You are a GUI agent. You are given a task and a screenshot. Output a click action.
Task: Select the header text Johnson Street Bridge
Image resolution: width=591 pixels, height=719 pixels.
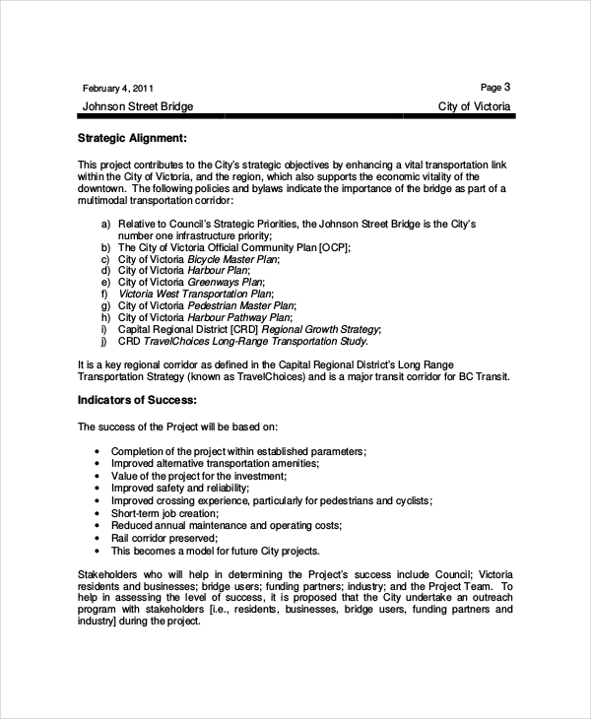(x=137, y=106)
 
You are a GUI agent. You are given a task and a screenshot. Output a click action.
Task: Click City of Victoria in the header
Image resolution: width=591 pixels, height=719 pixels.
(x=475, y=106)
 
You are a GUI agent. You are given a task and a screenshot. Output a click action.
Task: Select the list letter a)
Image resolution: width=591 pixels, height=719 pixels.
(x=105, y=225)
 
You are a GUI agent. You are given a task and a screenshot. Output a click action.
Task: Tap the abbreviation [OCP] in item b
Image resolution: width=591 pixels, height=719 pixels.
(x=334, y=247)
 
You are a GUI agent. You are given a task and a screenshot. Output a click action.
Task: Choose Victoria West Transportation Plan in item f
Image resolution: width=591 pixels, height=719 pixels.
(x=194, y=294)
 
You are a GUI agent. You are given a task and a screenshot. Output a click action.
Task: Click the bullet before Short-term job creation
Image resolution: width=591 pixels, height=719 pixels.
(x=98, y=514)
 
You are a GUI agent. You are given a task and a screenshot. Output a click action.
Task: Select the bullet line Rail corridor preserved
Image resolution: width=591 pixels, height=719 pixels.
(x=164, y=538)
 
